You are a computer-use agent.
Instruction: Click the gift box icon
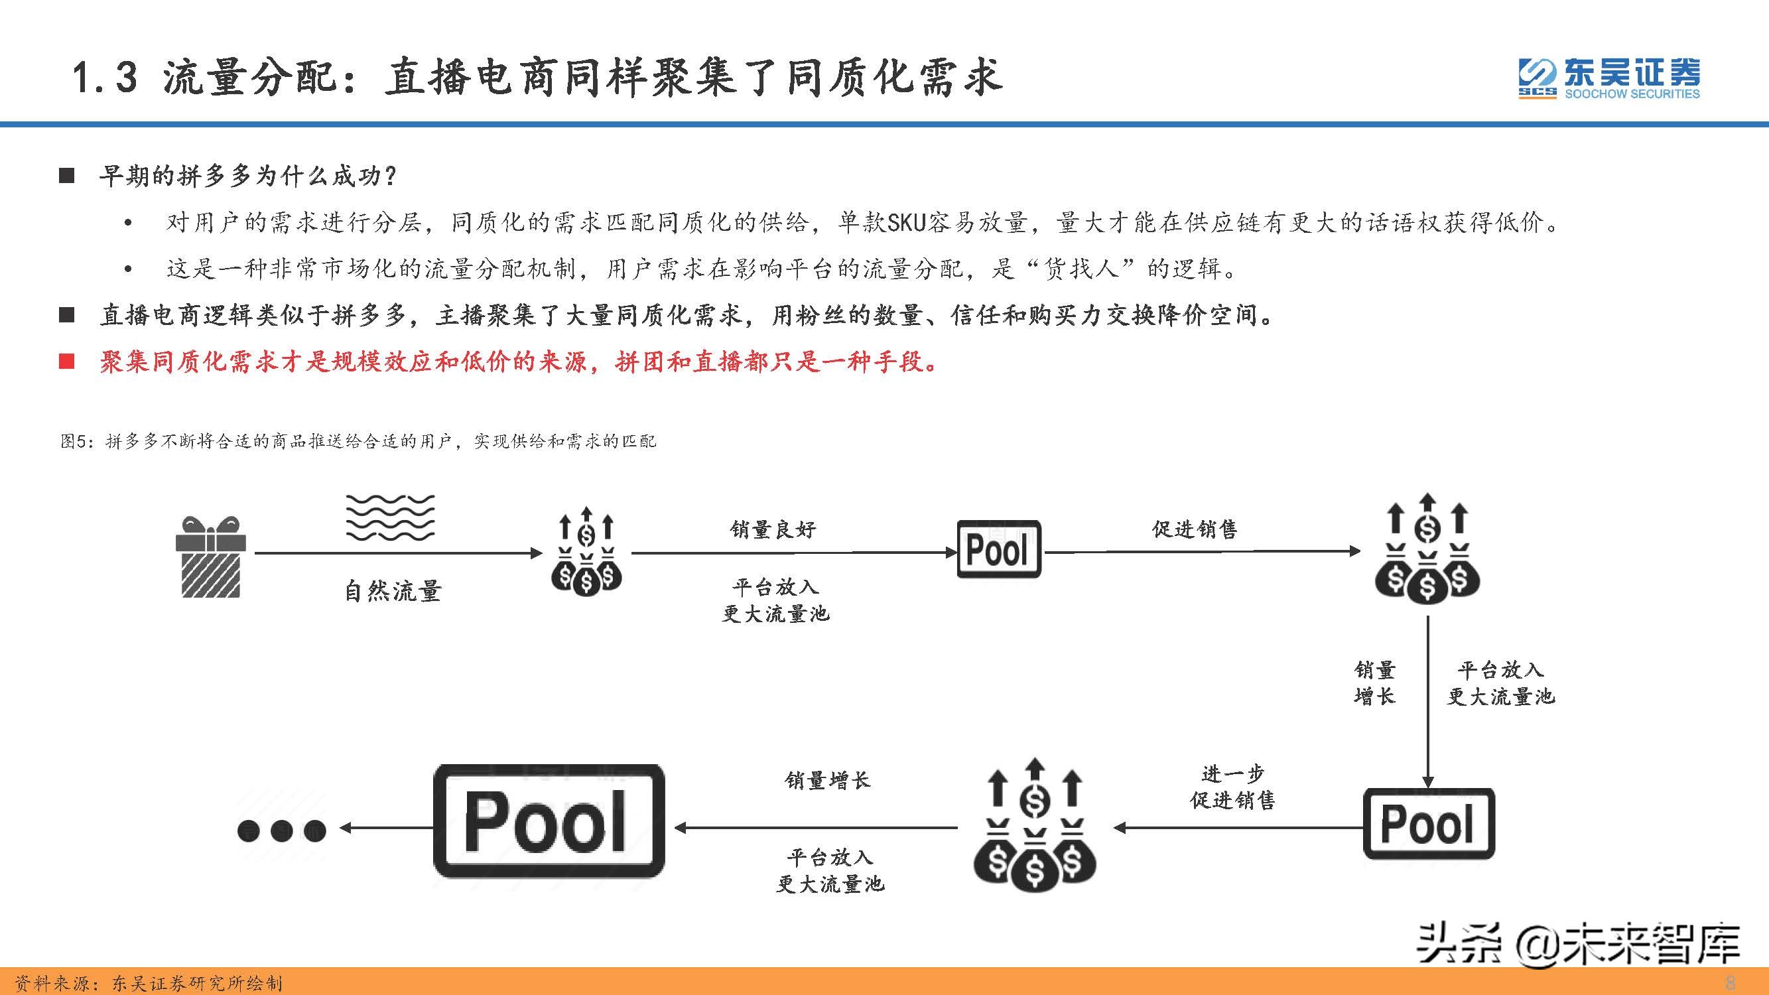pyautogui.click(x=211, y=557)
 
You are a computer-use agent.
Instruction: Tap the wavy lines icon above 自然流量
pyautogui.click(x=390, y=517)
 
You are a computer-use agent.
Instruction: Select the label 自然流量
pyautogui.click(x=393, y=590)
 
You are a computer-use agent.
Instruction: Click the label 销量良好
pyautogui.click(x=773, y=529)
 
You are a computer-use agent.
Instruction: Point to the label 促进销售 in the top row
pyautogui.click(x=1194, y=529)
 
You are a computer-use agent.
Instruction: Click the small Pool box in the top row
pyautogui.click(x=998, y=549)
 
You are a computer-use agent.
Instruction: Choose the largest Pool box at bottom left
pyautogui.click(x=549, y=821)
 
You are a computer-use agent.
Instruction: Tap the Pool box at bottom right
pyautogui.click(x=1428, y=823)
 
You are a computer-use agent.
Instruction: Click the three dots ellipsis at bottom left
pyautogui.click(x=281, y=831)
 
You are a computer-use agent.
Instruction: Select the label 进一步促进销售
pyautogui.click(x=1232, y=787)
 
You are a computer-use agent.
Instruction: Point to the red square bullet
pyautogui.click(x=66, y=362)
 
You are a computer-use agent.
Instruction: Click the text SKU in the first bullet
pyautogui.click(x=907, y=222)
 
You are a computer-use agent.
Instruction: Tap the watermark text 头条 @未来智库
pyautogui.click(x=1578, y=943)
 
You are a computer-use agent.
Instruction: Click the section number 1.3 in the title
pyautogui.click(x=104, y=76)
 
